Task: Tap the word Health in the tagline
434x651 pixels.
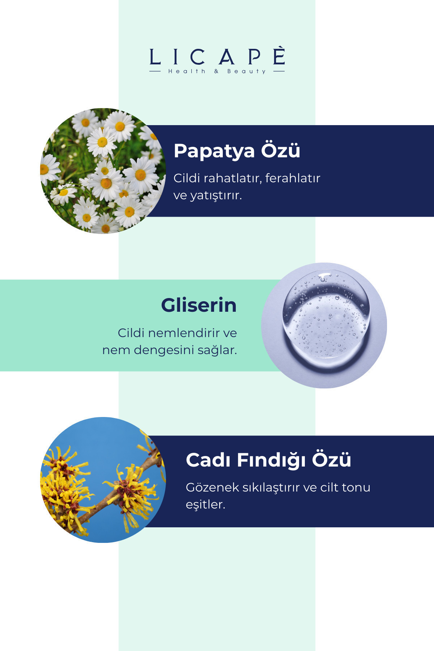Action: point(187,71)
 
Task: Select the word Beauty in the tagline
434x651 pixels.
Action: point(247,71)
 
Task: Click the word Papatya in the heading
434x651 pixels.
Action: point(214,151)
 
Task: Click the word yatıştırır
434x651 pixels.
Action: point(216,196)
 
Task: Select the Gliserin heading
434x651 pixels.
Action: point(199,305)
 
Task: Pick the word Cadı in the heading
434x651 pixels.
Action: point(208,460)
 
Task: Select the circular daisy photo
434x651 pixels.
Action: point(103,171)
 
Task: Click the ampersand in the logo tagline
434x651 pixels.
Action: point(216,71)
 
